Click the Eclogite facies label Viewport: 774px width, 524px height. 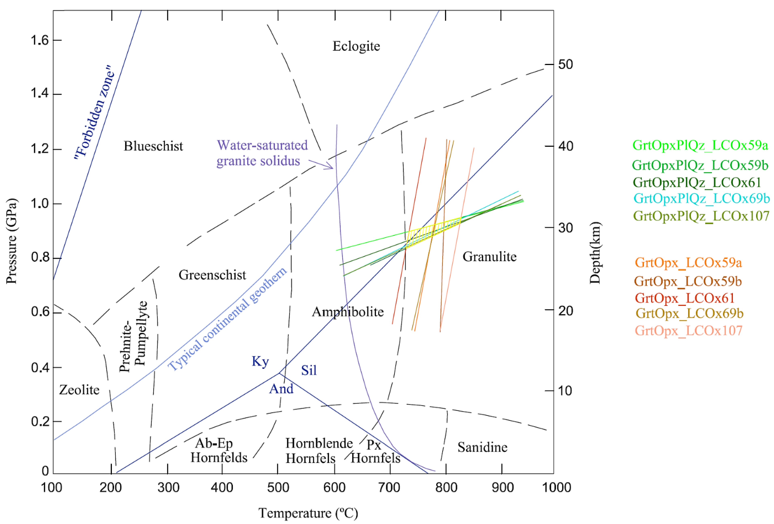coord(356,46)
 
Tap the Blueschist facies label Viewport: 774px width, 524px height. coord(153,146)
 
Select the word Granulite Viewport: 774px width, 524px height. coord(489,257)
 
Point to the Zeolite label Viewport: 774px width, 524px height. coord(79,389)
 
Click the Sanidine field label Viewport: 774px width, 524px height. coord(482,447)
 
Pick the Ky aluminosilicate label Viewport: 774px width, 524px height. coord(260,361)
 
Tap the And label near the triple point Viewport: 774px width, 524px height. coord(281,388)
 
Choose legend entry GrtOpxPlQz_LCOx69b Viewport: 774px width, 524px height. coord(701,198)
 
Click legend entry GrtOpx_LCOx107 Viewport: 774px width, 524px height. coord(688,330)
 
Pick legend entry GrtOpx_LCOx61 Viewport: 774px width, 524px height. coord(684,298)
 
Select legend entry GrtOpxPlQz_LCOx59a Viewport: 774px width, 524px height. coord(700,145)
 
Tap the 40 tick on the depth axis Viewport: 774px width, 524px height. coord(565,146)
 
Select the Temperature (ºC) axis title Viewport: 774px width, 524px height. coord(308,513)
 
